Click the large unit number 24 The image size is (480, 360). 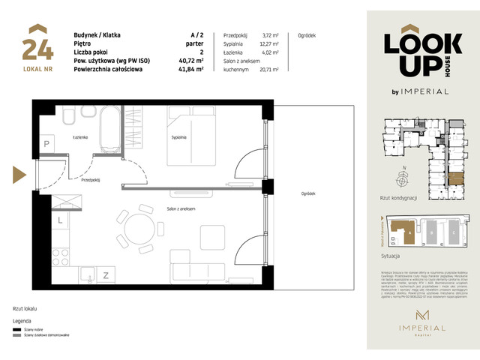pos(37,47)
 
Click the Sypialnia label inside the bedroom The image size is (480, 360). pos(178,137)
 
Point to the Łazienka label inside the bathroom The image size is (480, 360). pos(81,137)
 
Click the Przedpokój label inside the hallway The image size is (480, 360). pos(91,180)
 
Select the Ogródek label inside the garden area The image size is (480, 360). pos(307,193)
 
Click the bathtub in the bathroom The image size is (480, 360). pos(110,127)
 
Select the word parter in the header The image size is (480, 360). pos(196,44)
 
